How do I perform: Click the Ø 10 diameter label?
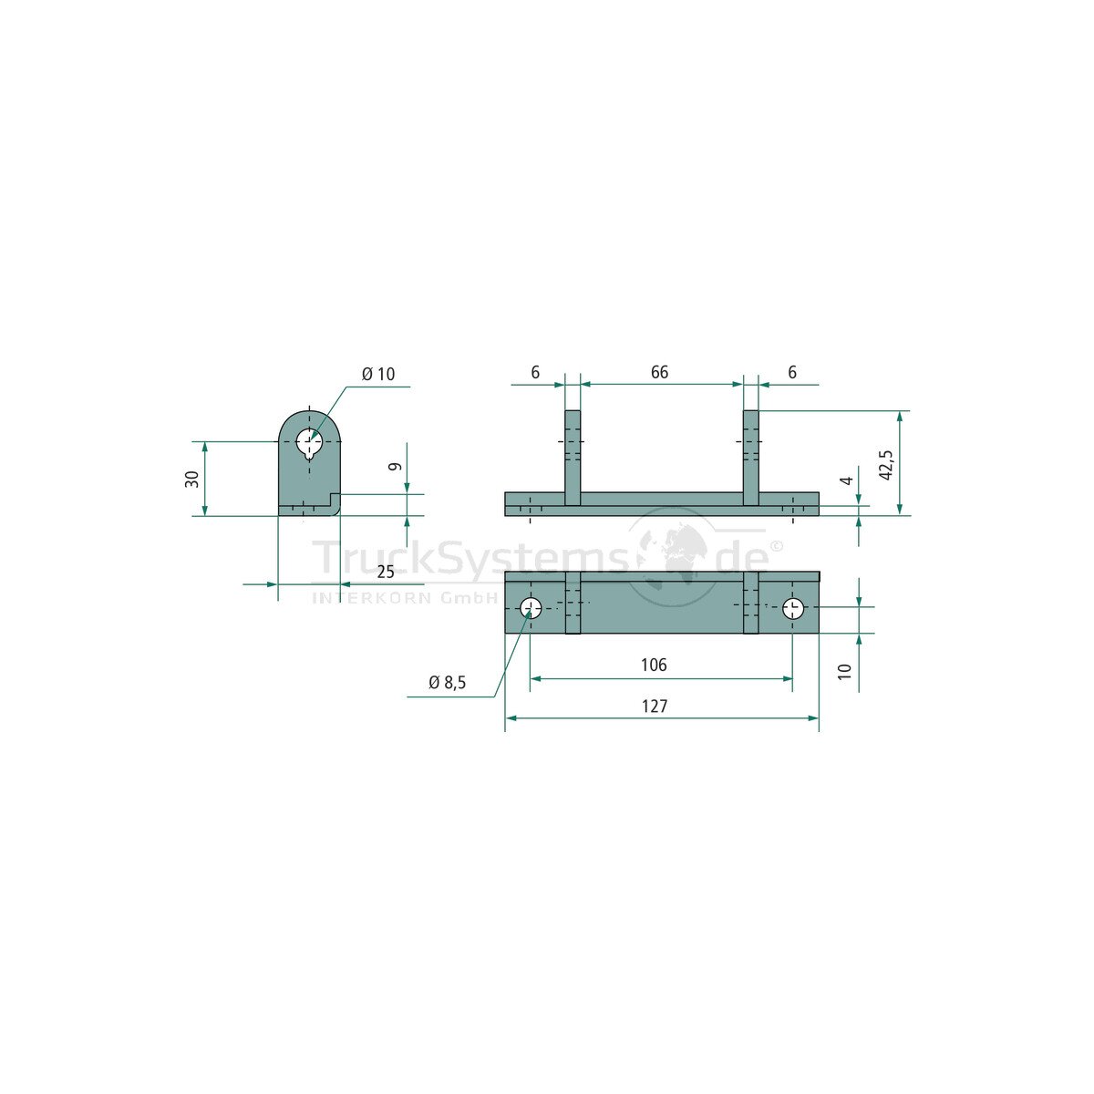pyautogui.click(x=378, y=374)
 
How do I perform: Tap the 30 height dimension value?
pyautogui.click(x=192, y=480)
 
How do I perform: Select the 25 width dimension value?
pyautogui.click(x=386, y=572)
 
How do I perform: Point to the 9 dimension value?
pyautogui.click(x=396, y=467)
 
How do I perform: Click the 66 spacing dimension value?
pyautogui.click(x=659, y=373)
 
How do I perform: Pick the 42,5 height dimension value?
pyautogui.click(x=885, y=465)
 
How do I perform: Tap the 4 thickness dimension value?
pyautogui.click(x=846, y=480)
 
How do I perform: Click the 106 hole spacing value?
pyautogui.click(x=654, y=665)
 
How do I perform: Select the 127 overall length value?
pyautogui.click(x=655, y=707)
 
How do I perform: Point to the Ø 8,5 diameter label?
pyautogui.click(x=448, y=683)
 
